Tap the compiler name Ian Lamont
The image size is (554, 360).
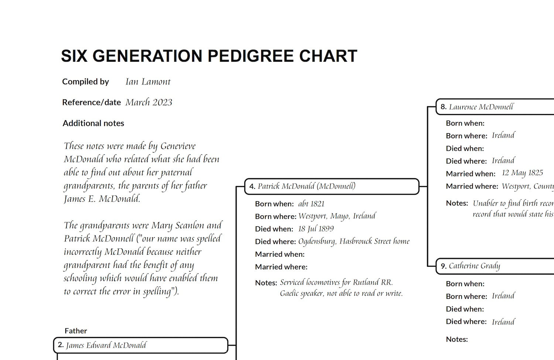click(x=148, y=82)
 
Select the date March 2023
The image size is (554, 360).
click(x=149, y=102)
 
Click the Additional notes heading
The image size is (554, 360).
click(x=93, y=123)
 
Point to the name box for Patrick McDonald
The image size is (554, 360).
click(x=332, y=186)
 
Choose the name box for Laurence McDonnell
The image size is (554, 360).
click(x=495, y=107)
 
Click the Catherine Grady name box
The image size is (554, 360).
click(x=495, y=266)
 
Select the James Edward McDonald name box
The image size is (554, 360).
click(x=140, y=345)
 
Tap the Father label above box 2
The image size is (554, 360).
click(x=76, y=331)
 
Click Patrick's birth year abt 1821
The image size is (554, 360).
click(x=311, y=204)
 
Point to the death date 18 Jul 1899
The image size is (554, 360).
click(x=316, y=229)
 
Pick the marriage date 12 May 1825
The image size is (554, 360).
click(x=522, y=173)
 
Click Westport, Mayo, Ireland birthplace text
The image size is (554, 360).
click(x=337, y=216)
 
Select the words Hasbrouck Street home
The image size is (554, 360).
click(x=374, y=241)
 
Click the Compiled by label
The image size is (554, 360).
click(x=85, y=82)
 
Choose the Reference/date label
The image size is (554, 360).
click(x=91, y=102)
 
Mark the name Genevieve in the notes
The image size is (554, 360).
click(x=178, y=146)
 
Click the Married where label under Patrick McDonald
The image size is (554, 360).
click(x=281, y=267)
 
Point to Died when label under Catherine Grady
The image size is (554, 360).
click(x=465, y=309)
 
